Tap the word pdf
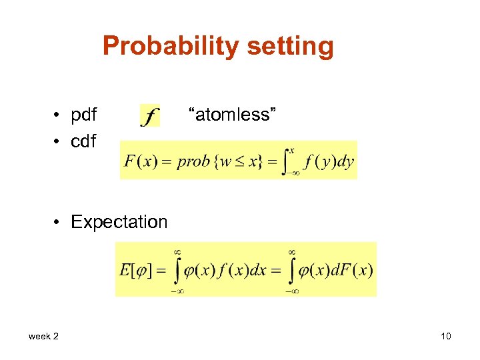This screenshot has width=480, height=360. (x=84, y=115)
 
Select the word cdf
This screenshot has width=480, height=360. (x=83, y=141)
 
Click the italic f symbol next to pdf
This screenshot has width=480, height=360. (x=150, y=117)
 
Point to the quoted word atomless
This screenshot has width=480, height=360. (x=231, y=115)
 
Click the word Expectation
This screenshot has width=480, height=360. (x=119, y=222)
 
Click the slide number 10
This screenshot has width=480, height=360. (x=445, y=336)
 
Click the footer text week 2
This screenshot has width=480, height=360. (x=43, y=336)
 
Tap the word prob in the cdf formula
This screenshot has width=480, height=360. (x=193, y=162)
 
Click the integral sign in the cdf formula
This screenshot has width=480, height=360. (x=287, y=161)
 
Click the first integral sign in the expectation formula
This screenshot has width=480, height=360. (x=177, y=270)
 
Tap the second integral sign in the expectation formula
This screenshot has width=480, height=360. (x=292, y=270)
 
